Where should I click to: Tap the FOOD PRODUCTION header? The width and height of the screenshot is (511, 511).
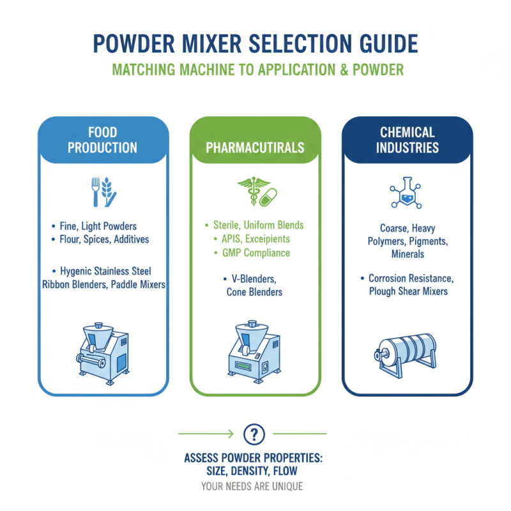(x=103, y=141)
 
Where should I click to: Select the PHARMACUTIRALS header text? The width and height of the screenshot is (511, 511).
(x=255, y=148)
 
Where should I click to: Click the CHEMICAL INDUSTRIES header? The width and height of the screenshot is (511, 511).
(x=408, y=141)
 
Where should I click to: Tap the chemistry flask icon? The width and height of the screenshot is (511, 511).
(x=407, y=193)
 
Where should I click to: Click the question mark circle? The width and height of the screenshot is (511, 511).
(x=254, y=434)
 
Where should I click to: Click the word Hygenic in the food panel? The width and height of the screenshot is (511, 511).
(x=80, y=271)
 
